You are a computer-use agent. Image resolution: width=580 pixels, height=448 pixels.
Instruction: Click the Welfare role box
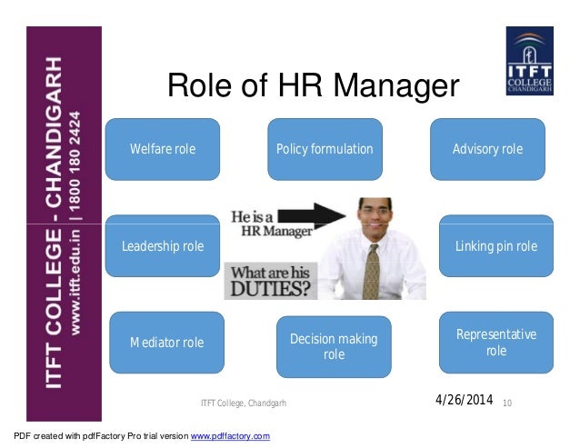tap(163, 149)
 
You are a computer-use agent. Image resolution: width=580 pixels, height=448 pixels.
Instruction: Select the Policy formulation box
tap(325, 149)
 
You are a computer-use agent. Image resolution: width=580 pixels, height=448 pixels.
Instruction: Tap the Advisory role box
tap(487, 149)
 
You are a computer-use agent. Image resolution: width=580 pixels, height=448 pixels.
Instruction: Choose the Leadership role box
tap(163, 246)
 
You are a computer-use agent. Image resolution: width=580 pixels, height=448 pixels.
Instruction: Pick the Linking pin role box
tap(495, 246)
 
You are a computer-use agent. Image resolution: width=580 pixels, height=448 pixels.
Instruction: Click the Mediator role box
tap(166, 343)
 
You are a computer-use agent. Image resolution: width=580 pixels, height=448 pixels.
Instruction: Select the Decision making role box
tap(333, 346)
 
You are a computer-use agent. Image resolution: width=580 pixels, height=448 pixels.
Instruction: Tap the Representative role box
tap(495, 343)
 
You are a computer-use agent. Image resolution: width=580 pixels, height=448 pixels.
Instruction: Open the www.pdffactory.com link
tap(229, 437)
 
